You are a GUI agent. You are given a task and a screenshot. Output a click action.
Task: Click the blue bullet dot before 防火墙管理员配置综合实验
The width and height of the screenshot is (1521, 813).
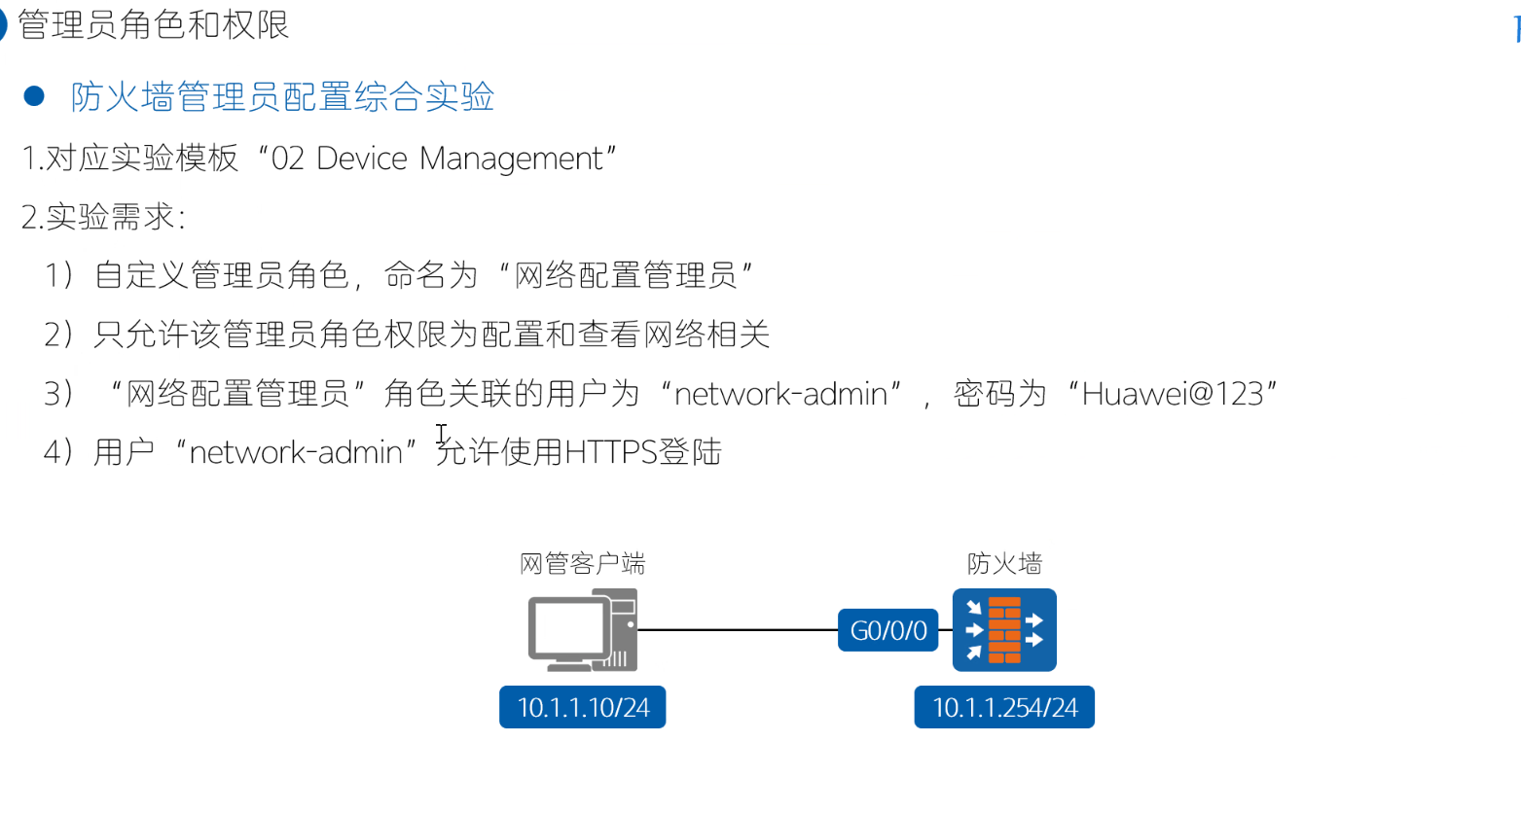(34, 96)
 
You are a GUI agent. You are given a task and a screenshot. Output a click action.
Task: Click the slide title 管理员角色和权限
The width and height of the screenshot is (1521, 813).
(154, 25)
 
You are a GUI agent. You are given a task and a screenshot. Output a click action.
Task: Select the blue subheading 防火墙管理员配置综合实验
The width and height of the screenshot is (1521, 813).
(282, 97)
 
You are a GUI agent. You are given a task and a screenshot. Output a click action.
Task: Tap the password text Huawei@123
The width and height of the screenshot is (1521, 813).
(1172, 394)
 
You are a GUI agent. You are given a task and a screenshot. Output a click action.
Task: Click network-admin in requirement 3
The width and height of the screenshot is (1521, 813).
(780, 394)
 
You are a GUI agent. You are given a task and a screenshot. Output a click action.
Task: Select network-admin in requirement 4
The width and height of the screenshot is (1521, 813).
(296, 452)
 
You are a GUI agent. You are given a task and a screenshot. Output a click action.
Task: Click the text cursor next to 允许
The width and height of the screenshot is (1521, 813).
(442, 435)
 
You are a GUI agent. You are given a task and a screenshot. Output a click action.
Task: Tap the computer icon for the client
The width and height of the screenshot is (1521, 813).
(582, 630)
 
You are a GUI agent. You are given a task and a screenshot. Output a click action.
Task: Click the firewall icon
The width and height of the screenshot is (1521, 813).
(1004, 630)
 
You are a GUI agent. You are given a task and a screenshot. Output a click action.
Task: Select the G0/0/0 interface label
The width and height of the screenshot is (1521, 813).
(888, 630)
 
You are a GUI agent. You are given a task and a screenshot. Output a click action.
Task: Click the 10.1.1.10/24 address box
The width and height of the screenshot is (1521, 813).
(582, 707)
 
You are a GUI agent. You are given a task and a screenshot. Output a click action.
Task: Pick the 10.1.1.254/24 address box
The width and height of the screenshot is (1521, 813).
(1004, 707)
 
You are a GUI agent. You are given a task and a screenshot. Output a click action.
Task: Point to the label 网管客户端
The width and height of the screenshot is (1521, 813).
(582, 564)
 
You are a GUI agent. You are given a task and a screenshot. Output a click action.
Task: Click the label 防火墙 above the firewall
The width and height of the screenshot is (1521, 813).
(1004, 564)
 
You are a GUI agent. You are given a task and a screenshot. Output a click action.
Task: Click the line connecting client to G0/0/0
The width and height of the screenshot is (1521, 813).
(738, 630)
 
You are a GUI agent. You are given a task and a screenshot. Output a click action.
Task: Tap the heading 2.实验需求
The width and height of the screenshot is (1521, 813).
(102, 217)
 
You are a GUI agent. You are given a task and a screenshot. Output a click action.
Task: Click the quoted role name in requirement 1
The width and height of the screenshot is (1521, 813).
(625, 276)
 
